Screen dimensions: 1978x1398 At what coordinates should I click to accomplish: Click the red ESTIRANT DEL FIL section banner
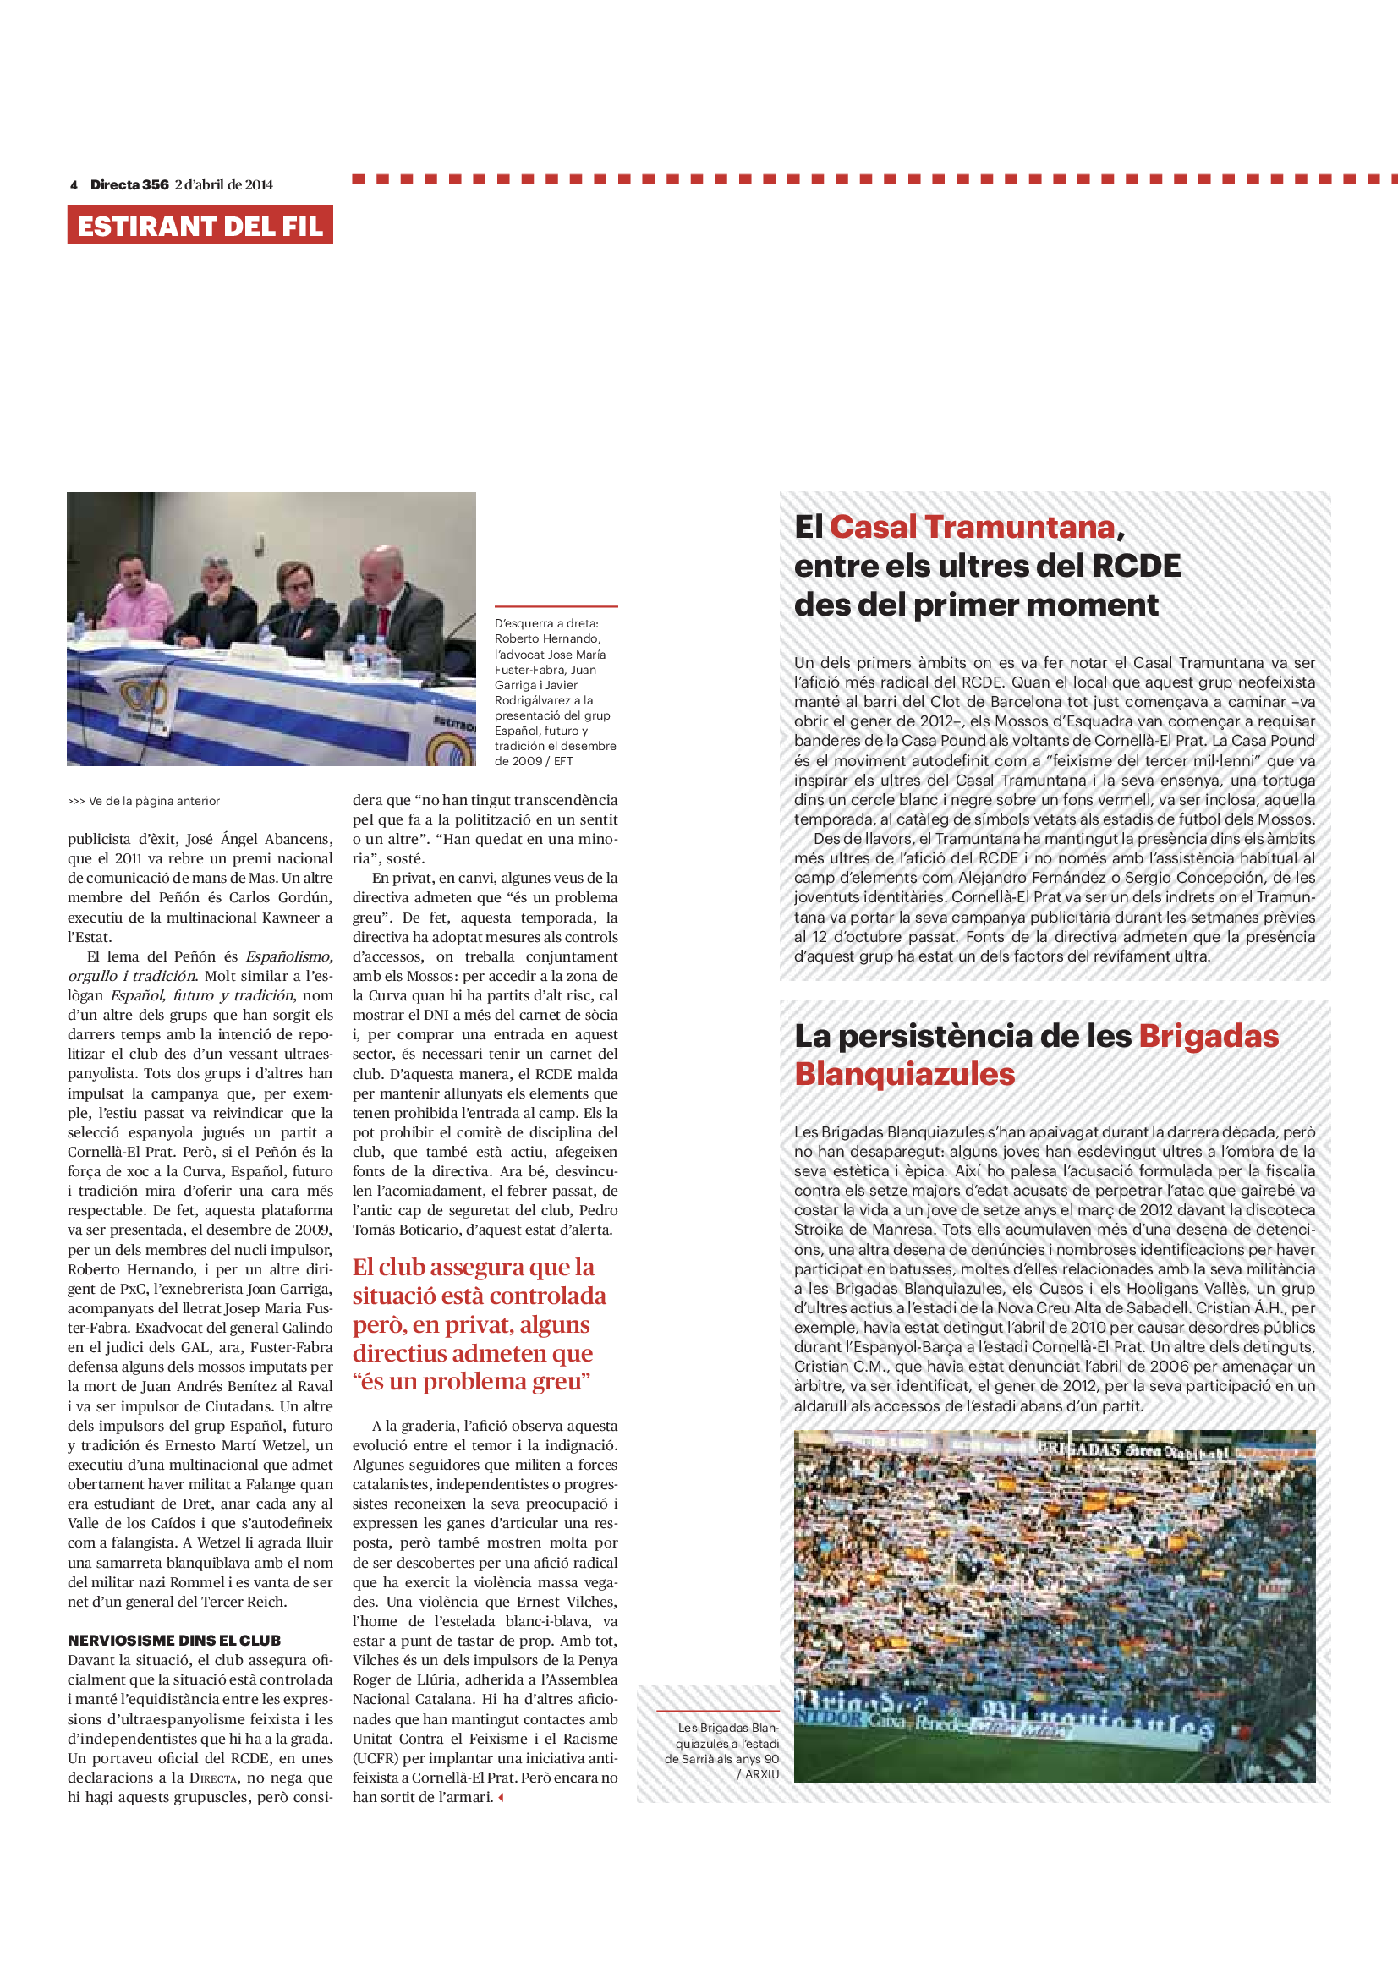[200, 225]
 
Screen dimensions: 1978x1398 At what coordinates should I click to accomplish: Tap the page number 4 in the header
[74, 184]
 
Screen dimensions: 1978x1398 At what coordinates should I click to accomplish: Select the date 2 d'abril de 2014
[224, 184]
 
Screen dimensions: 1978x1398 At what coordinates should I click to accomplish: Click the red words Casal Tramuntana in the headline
[973, 526]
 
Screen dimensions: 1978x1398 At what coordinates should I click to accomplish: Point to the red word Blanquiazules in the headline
[904, 1073]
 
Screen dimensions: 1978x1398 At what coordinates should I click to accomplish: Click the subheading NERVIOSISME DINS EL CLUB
[174, 1641]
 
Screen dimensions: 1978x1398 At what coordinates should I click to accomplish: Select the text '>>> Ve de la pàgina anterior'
[144, 801]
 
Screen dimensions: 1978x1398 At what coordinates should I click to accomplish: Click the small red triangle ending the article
[501, 1798]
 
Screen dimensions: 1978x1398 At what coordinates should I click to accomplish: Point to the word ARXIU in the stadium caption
[761, 1774]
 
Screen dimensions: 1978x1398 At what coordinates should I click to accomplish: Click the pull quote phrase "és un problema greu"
[472, 1382]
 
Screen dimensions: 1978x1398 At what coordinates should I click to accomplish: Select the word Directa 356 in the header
[129, 184]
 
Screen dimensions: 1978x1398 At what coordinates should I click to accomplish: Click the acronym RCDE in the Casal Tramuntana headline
[1136, 566]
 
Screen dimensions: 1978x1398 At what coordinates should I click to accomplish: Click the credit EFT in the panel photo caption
[563, 762]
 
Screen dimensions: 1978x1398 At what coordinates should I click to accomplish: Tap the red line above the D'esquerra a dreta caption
[556, 606]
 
